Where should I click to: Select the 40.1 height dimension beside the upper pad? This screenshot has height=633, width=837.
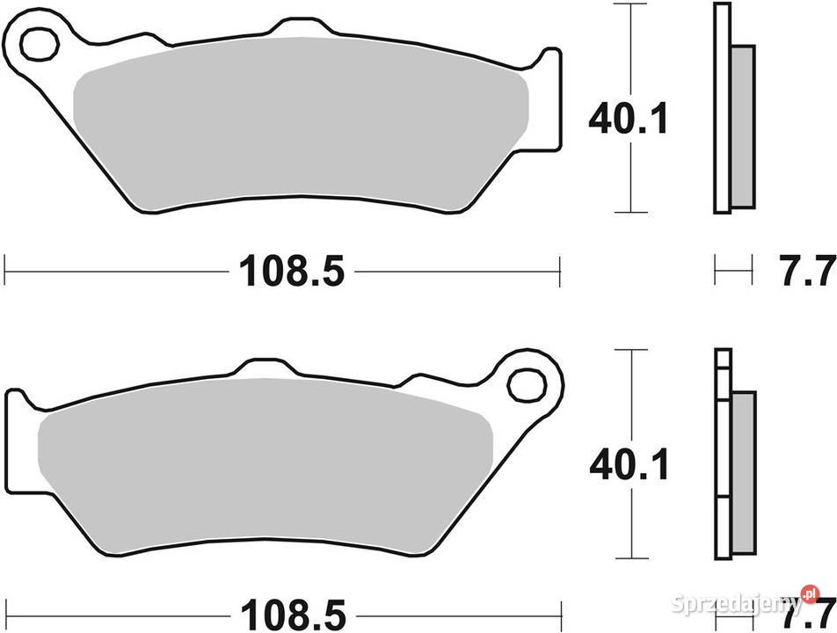(x=628, y=120)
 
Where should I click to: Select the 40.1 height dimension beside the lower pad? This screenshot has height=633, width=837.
(x=628, y=463)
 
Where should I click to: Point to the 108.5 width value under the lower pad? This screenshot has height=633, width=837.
(x=290, y=609)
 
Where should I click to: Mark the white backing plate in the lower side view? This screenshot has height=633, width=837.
(x=722, y=457)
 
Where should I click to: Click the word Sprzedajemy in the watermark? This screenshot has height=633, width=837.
(x=721, y=605)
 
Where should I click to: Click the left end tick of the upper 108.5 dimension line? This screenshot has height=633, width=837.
(x=5, y=271)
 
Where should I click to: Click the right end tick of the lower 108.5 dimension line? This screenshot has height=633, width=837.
(x=559, y=608)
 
